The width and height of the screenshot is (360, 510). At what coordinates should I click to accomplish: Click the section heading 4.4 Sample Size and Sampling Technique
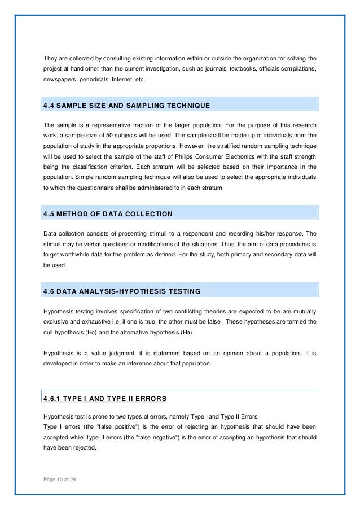pyautogui.click(x=126, y=106)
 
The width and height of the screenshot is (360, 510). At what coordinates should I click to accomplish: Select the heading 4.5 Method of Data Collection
pyautogui.click(x=108, y=213)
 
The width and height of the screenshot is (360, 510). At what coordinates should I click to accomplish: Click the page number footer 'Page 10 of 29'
pyautogui.click(x=59, y=480)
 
